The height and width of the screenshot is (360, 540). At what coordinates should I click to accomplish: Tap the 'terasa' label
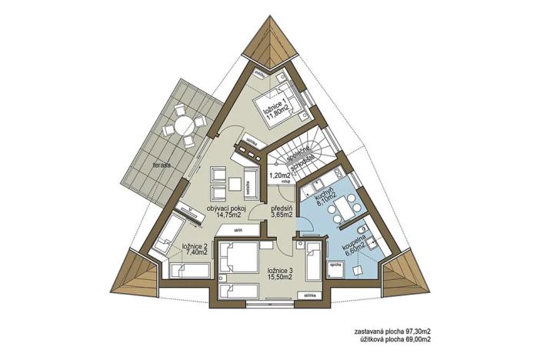161,165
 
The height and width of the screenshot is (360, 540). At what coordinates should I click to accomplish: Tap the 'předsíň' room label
282,208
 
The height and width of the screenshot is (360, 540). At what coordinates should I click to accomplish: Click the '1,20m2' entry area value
278,175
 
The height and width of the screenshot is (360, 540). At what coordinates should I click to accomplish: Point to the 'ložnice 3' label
279,270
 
